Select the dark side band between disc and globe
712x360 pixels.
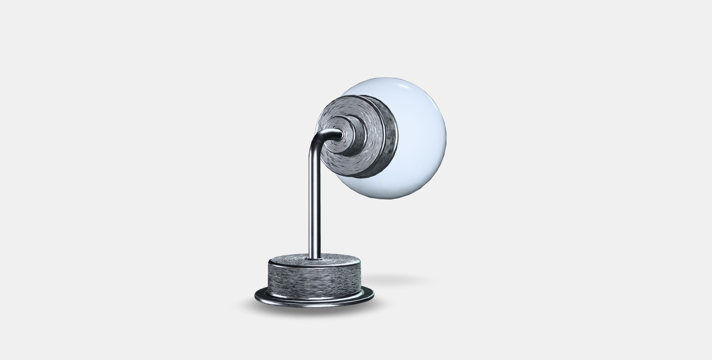[388, 138]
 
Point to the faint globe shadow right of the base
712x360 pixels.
[398, 279]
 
